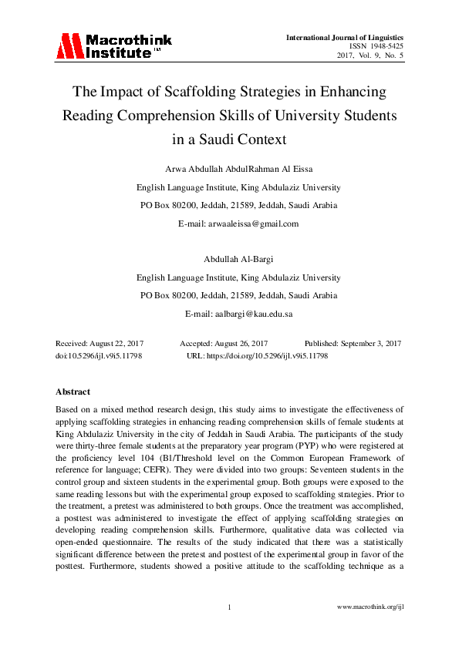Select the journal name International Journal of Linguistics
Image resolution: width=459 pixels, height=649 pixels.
(345, 37)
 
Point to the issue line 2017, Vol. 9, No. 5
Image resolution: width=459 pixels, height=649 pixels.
(370, 56)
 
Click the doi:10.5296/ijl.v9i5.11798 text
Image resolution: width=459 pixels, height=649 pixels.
(99, 356)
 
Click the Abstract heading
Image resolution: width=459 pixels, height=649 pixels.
(73, 392)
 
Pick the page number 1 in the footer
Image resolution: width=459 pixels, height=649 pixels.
(230, 608)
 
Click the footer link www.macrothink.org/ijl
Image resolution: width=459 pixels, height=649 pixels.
(371, 608)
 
